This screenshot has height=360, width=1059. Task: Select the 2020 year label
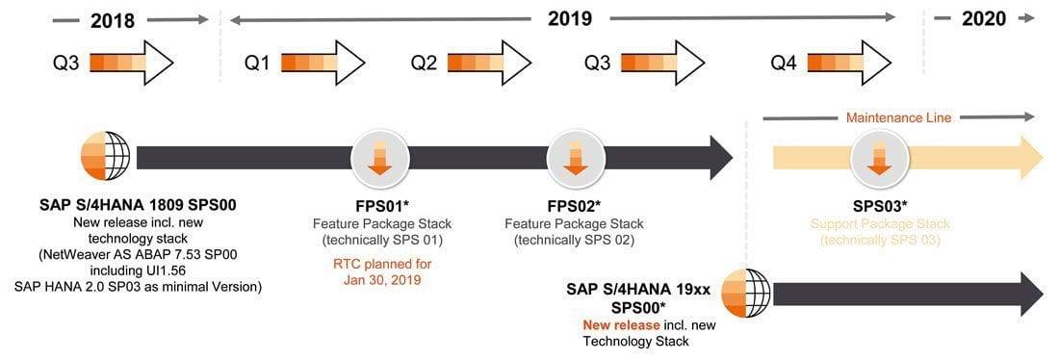tap(983, 19)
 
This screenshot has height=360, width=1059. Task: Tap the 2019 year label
tap(569, 18)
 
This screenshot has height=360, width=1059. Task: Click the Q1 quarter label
tap(257, 64)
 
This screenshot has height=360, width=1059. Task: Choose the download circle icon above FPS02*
tap(575, 157)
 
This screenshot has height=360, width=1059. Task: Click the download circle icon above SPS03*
tap(877, 157)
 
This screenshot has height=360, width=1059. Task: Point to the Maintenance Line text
tap(898, 118)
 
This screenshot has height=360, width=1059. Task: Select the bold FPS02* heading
tap(575, 206)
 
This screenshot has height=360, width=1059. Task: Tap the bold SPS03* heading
tap(879, 206)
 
